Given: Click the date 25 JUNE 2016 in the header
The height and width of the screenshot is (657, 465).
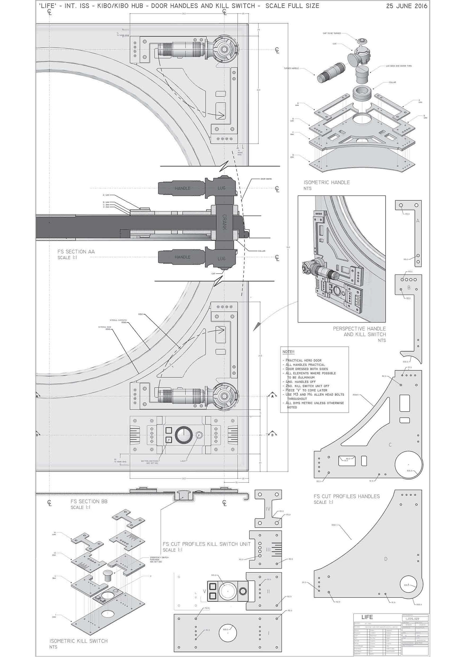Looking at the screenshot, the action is pyautogui.click(x=406, y=6).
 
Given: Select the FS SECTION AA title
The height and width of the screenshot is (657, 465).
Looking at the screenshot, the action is pyautogui.click(x=76, y=252).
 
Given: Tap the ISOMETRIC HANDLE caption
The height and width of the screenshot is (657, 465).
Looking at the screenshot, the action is pyautogui.click(x=327, y=182).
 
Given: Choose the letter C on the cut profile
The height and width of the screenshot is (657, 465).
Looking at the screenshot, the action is pyautogui.click(x=390, y=445).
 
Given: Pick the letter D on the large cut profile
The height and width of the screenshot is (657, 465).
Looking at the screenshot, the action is pyautogui.click(x=386, y=559).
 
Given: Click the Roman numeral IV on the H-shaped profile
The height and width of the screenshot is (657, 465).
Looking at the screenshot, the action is pyautogui.click(x=268, y=509).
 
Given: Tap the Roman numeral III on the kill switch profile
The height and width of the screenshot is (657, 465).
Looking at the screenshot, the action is pyautogui.click(x=268, y=550).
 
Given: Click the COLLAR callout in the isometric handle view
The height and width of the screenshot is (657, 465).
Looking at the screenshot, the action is pyautogui.click(x=392, y=82).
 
